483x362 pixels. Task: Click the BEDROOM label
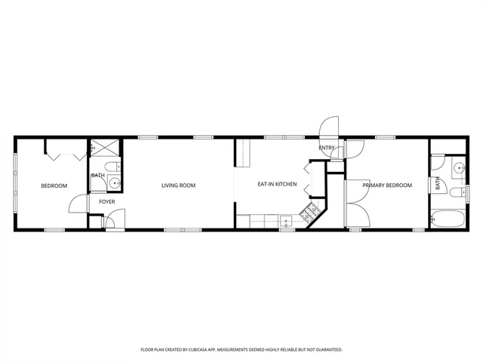click(x=54, y=186)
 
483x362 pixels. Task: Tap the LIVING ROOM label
click(x=178, y=185)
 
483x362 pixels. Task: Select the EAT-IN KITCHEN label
click(x=277, y=184)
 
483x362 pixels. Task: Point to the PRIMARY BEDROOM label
click(x=387, y=185)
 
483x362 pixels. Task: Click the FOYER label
click(x=107, y=201)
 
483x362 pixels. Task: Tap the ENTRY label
click(x=327, y=148)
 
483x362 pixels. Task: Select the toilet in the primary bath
click(x=457, y=193)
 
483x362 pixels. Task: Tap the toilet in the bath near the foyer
click(x=110, y=167)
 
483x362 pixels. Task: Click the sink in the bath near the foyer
click(x=115, y=183)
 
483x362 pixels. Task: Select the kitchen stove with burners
click(x=309, y=214)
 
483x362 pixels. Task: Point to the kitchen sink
click(x=287, y=221)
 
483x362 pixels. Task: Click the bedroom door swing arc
click(x=78, y=204)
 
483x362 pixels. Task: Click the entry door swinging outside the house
click(x=330, y=130)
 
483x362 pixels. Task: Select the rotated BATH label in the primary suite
click(x=437, y=183)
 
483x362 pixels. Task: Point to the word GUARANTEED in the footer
click(x=325, y=349)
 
